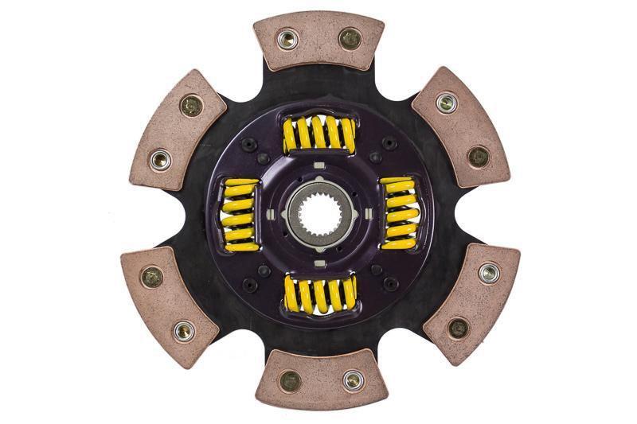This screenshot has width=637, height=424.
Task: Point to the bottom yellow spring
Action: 318,294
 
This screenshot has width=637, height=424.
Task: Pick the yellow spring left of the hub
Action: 240,214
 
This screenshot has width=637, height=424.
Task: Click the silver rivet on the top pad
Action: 287,38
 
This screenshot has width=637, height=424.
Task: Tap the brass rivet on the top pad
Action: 349,37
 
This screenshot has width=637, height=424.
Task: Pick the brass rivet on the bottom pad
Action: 291,381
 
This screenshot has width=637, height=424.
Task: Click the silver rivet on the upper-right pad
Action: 447,103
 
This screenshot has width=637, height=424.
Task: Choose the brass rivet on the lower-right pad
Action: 457,327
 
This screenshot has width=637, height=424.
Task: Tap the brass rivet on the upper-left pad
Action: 190,105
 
